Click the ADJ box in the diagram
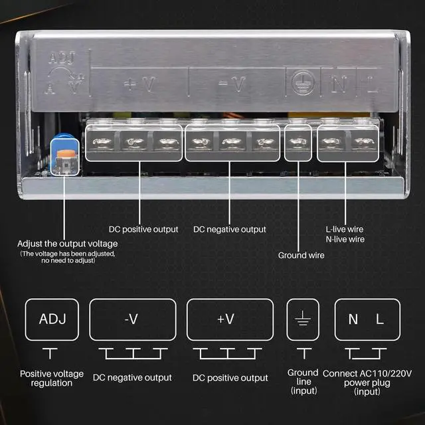(x=52, y=319)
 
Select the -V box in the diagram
(x=132, y=319)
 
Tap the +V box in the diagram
(x=230, y=319)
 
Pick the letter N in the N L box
(x=353, y=319)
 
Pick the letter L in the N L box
(x=380, y=319)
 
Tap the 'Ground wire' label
(x=301, y=255)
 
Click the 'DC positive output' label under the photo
(x=143, y=229)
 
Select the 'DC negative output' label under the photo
(x=230, y=229)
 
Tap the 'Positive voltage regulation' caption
(x=52, y=379)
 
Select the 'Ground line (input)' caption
(x=303, y=382)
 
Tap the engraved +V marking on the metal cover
(x=139, y=84)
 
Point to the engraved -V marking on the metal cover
(x=232, y=84)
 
